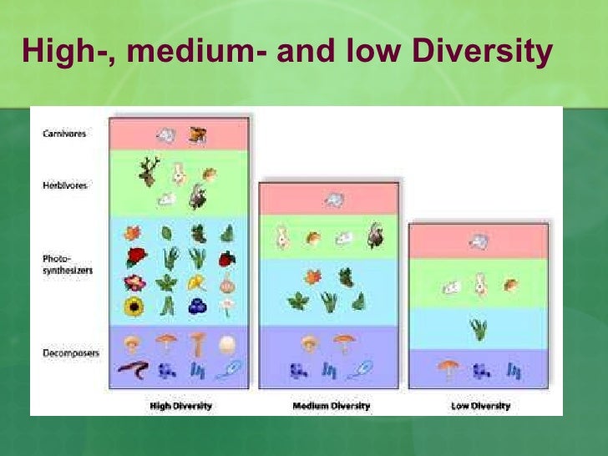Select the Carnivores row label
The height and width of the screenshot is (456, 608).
pyautogui.click(x=64, y=134)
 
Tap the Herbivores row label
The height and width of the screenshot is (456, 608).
pyautogui.click(x=65, y=186)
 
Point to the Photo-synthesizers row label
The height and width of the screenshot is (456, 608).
pyautogui.click(x=66, y=264)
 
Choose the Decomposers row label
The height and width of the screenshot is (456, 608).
pyautogui.click(x=69, y=353)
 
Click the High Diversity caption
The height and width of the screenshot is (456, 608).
pyautogui.click(x=180, y=406)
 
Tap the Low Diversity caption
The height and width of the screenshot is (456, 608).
pyautogui.click(x=479, y=406)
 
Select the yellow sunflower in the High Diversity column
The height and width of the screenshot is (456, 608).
pyautogui.click(x=134, y=307)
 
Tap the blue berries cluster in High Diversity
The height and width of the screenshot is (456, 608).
pyautogui.click(x=197, y=307)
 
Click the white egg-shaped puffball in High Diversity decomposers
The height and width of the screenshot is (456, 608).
pyautogui.click(x=226, y=342)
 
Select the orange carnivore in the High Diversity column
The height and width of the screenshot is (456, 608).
pyautogui.click(x=197, y=134)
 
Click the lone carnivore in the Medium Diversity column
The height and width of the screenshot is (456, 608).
pyautogui.click(x=334, y=200)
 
